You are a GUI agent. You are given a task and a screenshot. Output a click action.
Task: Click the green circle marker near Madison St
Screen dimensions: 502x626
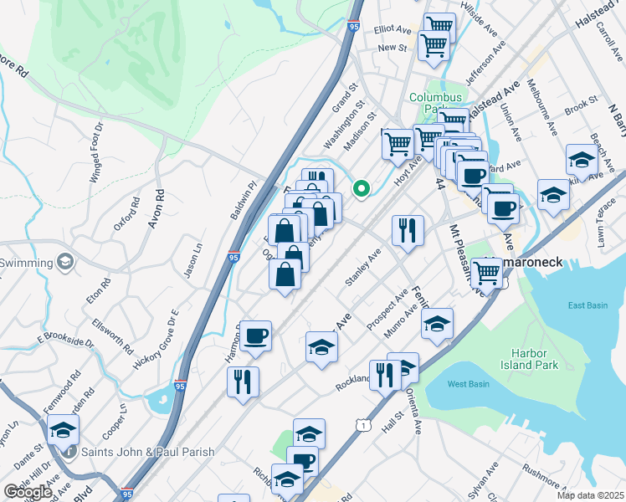(362, 190)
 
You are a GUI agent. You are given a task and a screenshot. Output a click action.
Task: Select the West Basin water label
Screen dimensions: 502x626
(468, 384)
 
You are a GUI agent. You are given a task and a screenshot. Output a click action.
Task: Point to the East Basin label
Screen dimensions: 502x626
(588, 305)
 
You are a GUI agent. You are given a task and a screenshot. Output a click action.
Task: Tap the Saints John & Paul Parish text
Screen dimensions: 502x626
(147, 452)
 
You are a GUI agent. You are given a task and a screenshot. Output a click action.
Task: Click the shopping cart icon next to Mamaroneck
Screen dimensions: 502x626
(487, 271)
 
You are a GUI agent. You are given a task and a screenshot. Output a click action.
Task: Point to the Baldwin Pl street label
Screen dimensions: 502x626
(242, 202)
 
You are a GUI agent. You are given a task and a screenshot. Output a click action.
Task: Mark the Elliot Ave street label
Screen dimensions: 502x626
(393, 29)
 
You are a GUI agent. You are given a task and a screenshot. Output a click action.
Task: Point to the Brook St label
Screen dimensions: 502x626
(581, 108)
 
